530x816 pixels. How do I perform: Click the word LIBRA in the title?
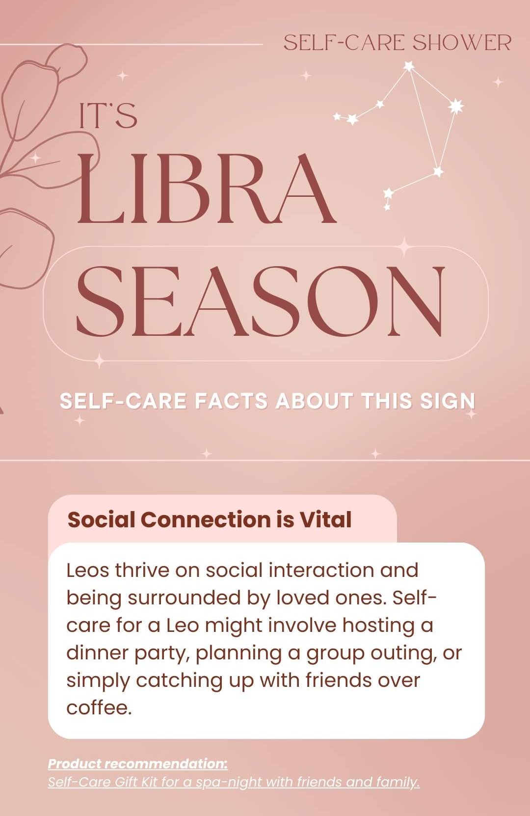click(x=206, y=189)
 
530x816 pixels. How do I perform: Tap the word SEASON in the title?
click(x=261, y=301)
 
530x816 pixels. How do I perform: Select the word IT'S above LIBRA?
click(x=108, y=115)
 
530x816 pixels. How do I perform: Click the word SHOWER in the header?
click(x=462, y=43)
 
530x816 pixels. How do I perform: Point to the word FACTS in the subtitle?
click(x=231, y=401)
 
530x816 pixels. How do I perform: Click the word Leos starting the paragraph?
click(x=88, y=570)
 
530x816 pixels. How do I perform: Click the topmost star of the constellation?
click(x=409, y=66)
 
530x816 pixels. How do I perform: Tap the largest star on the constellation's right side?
click(x=455, y=106)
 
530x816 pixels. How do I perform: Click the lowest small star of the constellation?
click(x=387, y=207)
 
